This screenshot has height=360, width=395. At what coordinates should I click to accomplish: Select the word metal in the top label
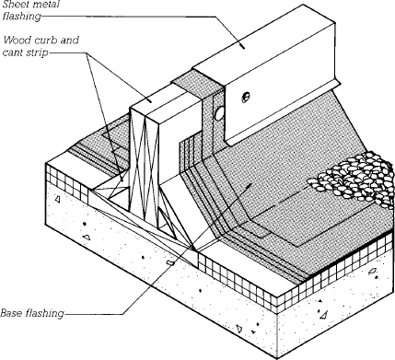click(46, 5)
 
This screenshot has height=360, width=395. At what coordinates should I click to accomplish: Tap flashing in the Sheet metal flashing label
click(21, 17)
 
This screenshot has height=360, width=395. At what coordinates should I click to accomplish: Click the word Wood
click(16, 41)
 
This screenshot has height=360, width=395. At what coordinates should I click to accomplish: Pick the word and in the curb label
click(70, 41)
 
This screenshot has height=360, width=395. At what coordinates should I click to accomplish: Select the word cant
click(13, 52)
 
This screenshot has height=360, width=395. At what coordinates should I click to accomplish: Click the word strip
click(38, 52)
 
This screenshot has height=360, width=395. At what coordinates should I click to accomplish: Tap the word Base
click(12, 313)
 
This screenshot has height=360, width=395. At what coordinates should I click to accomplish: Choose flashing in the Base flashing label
click(45, 314)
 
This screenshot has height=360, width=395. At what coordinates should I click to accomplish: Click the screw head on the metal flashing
click(245, 97)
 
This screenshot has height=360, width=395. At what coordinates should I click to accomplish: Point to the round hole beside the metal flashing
click(219, 114)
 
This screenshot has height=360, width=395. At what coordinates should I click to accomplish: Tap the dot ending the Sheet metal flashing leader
click(243, 47)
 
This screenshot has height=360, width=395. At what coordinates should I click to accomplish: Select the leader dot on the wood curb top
click(150, 100)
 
